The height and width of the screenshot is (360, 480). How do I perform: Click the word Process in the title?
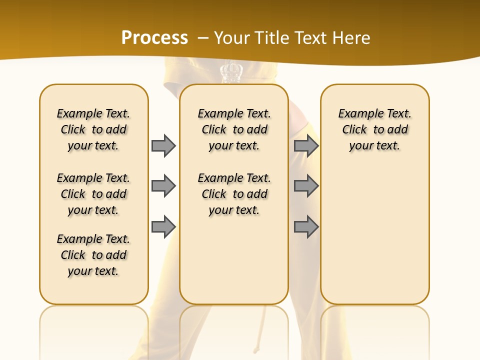coord(154,38)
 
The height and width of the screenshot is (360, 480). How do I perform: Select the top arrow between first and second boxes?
coord(163,145)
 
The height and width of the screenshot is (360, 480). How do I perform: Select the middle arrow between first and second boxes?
coord(163,186)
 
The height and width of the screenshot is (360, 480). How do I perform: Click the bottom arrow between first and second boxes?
coord(163,226)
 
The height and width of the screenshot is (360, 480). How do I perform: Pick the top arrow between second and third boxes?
coord(306,145)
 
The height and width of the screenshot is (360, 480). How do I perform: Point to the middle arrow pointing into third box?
coord(306,186)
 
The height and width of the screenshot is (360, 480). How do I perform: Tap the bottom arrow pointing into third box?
coord(306,226)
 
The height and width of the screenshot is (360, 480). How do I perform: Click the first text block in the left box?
coord(93,129)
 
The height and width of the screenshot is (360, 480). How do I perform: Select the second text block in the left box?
coord(93,194)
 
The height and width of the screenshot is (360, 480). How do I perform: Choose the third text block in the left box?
coord(93,255)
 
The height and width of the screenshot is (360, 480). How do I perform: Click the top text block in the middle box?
coord(234,129)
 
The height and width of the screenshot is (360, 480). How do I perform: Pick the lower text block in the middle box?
coord(234,194)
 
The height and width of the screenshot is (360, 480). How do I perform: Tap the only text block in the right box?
coord(375,129)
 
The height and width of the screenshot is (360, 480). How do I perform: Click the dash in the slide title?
coord(203,38)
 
